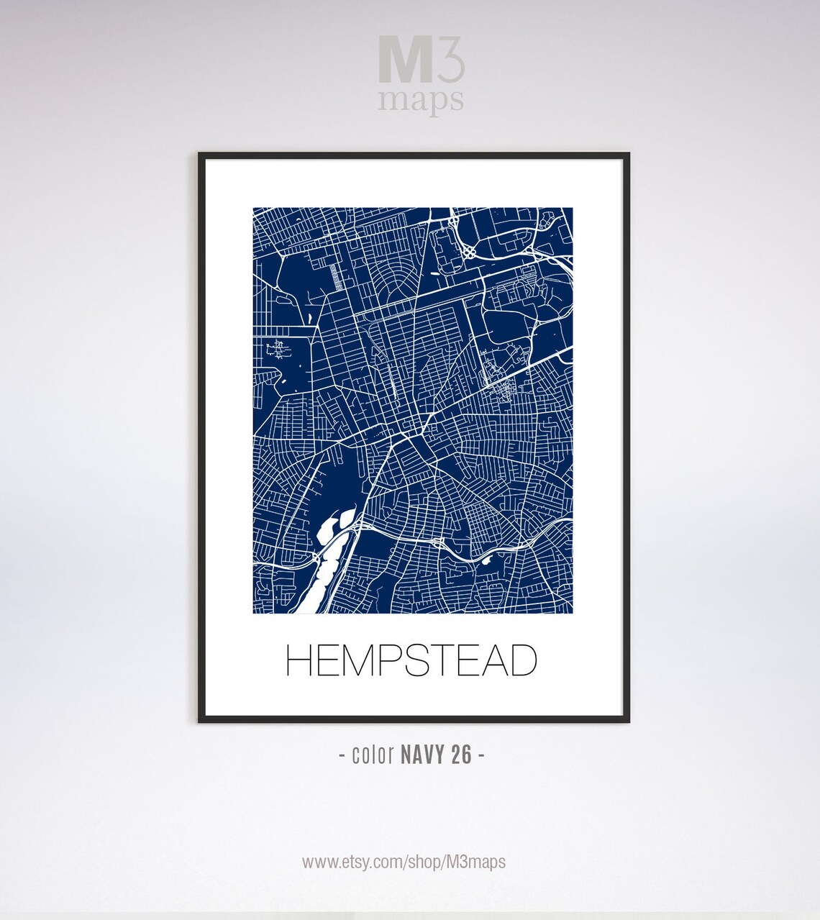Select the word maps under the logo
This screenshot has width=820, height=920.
coord(421,101)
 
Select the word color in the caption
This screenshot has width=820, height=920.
coord(373,755)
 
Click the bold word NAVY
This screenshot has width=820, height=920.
coord(424,755)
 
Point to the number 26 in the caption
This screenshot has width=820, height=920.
coord(462,755)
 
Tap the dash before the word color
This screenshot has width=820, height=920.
coord(342,755)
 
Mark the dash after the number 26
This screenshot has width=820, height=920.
coord(480,755)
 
